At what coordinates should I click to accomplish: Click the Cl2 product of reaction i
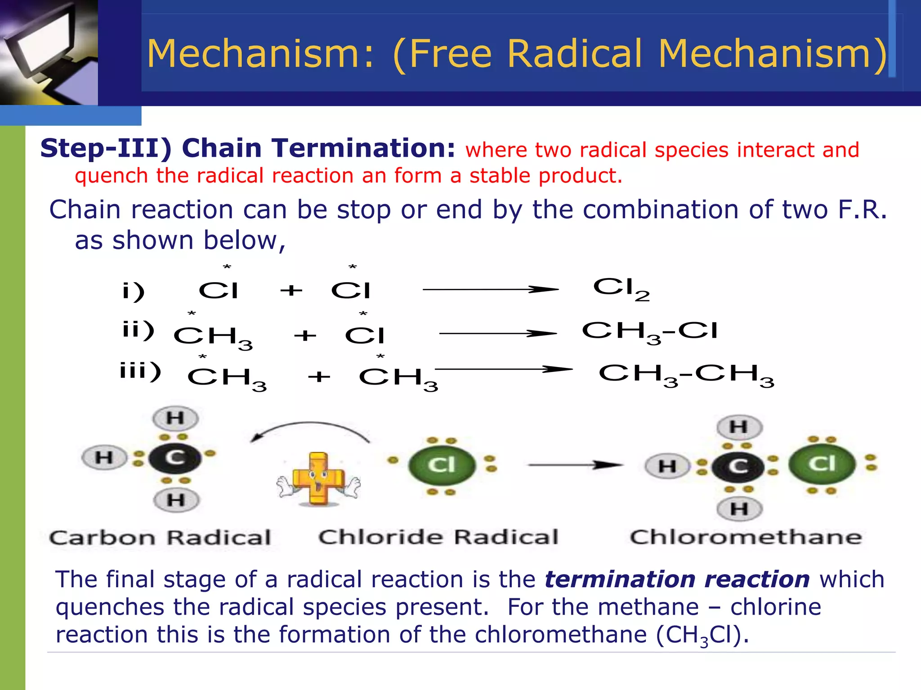click(x=621, y=288)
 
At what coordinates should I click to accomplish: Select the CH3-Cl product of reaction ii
click(x=649, y=332)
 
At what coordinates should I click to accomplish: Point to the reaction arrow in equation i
click(x=490, y=290)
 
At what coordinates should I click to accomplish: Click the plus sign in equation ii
click(x=305, y=336)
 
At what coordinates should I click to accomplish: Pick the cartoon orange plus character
click(x=318, y=479)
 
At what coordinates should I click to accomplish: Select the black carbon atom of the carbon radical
click(x=175, y=458)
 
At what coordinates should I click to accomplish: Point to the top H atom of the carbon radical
click(x=175, y=418)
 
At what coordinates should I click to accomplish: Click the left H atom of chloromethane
click(x=667, y=466)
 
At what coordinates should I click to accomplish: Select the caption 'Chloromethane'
click(x=746, y=537)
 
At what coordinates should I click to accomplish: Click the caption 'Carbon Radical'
click(x=160, y=538)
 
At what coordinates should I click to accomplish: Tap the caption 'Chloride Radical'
click(x=438, y=537)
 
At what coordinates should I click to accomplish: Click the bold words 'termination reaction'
click(x=677, y=579)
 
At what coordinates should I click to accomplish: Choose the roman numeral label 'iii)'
click(x=140, y=372)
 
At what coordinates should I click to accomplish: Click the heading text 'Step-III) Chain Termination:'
click(x=248, y=148)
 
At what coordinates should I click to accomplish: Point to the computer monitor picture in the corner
click(x=49, y=52)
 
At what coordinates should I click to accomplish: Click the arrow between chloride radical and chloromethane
click(x=576, y=465)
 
